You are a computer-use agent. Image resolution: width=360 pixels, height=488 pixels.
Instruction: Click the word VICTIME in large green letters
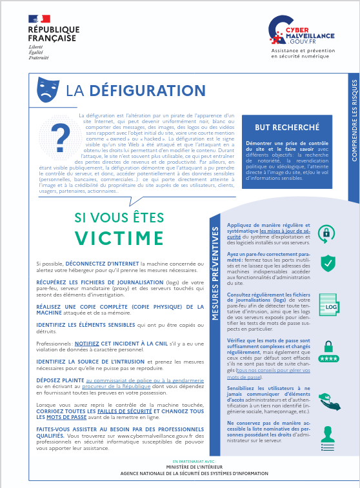[x=119, y=237]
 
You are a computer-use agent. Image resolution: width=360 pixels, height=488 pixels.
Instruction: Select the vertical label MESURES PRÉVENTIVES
[x=215, y=271]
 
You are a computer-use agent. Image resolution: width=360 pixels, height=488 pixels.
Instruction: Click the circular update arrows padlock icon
[x=328, y=233]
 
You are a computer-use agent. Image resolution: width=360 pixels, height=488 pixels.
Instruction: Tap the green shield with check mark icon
[x=328, y=263]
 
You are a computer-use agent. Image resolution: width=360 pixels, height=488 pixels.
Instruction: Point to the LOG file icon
[x=328, y=304]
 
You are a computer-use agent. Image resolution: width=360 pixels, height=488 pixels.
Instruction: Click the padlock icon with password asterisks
[x=328, y=351]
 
